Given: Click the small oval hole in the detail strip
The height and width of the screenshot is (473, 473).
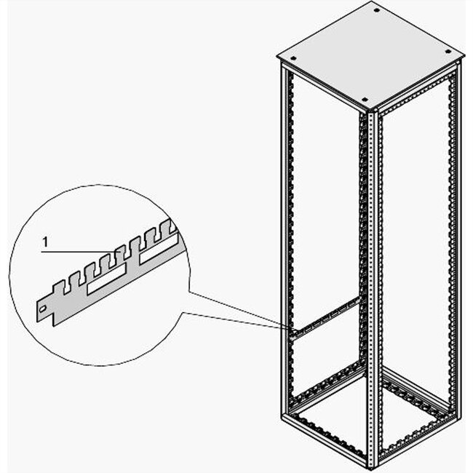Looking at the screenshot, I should [x=46, y=309].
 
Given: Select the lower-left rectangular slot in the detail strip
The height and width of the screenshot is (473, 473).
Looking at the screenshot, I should [x=106, y=287].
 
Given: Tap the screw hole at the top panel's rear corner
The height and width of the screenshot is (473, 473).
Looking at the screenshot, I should [x=375, y=11].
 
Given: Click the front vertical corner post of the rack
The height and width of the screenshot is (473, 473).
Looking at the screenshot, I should [x=369, y=291].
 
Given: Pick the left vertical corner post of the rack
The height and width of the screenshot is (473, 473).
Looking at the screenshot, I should [x=285, y=240].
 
